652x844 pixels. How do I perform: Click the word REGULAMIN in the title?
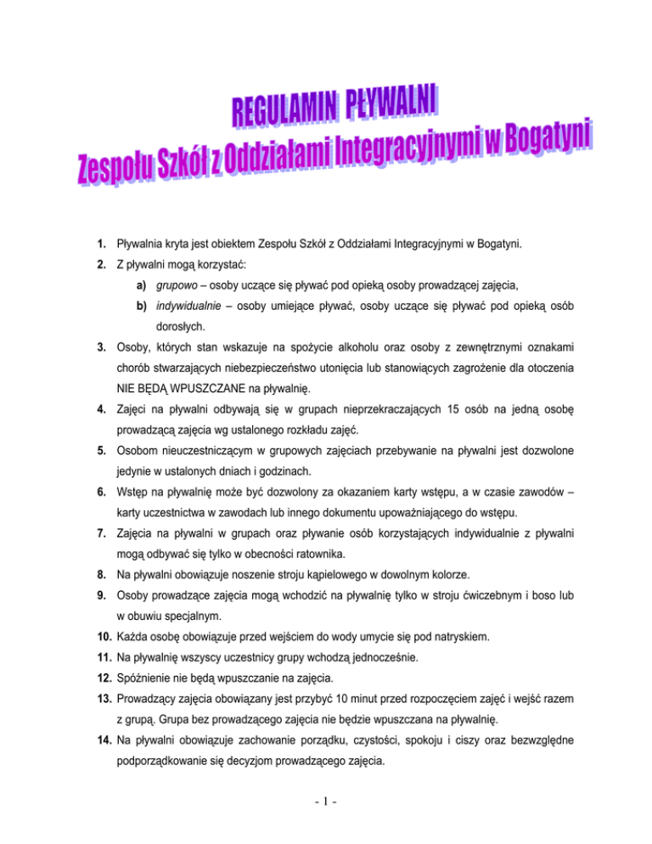pos(284,111)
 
